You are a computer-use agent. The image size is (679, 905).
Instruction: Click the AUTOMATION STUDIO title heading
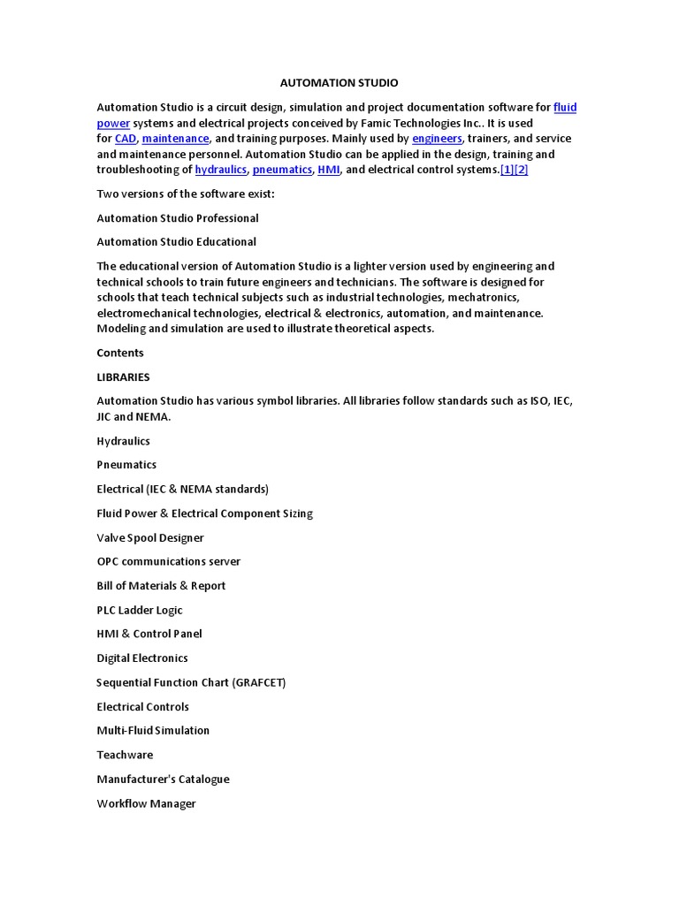[339, 83]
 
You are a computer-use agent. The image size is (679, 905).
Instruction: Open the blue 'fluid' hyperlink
[565, 108]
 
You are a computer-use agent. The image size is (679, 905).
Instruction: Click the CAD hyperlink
[126, 139]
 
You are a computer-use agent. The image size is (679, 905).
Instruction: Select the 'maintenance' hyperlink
[175, 139]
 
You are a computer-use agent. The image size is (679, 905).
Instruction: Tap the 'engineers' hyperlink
[437, 139]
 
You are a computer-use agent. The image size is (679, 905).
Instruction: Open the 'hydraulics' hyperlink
[221, 170]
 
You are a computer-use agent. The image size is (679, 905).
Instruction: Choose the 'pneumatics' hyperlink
[282, 170]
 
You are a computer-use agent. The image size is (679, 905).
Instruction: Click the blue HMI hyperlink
[329, 170]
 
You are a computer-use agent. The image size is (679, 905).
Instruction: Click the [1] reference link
[507, 170]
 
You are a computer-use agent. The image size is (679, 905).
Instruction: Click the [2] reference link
[522, 170]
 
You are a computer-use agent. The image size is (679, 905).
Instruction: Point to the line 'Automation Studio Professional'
[178, 218]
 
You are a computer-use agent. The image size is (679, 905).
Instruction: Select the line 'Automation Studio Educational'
[177, 242]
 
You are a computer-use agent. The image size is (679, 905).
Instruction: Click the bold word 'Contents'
[120, 354]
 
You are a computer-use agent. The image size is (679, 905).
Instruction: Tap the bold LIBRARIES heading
[123, 377]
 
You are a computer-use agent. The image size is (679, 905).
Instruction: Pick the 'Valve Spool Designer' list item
[150, 538]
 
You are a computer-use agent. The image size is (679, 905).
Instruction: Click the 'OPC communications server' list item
[169, 562]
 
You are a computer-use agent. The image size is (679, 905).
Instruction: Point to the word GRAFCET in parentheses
[257, 683]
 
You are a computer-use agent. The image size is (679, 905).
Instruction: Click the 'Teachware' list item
[125, 756]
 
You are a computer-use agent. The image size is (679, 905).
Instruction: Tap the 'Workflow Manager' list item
[146, 804]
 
